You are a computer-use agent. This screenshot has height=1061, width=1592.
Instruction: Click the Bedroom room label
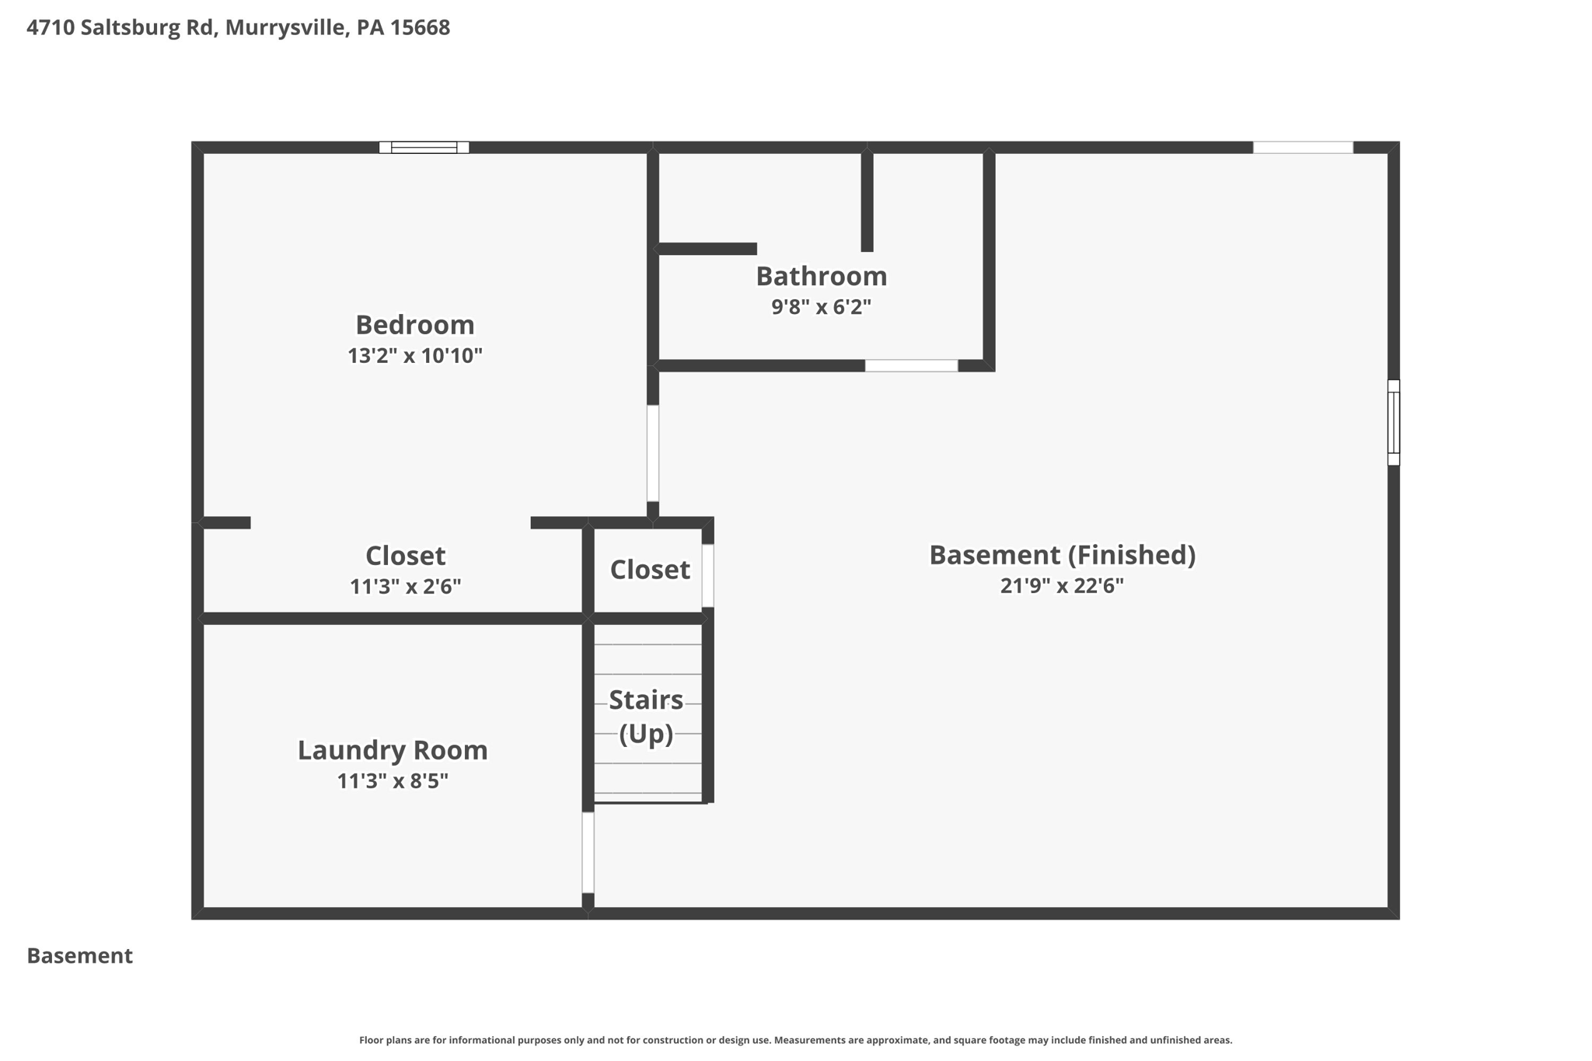pyautogui.click(x=414, y=325)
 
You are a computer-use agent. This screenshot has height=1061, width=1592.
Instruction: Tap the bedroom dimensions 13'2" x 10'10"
pyautogui.click(x=414, y=356)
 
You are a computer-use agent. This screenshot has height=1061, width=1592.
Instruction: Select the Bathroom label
pyautogui.click(x=821, y=277)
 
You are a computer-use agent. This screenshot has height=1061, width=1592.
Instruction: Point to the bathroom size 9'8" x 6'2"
pyautogui.click(x=821, y=307)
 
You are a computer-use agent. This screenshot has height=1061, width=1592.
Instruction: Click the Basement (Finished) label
pyautogui.click(x=1062, y=555)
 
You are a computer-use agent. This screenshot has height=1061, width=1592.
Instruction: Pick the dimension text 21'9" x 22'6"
pyautogui.click(x=1062, y=586)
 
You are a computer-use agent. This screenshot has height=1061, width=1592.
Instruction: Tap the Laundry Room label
pyautogui.click(x=393, y=750)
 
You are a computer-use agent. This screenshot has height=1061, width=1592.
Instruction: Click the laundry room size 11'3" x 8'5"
pyautogui.click(x=393, y=781)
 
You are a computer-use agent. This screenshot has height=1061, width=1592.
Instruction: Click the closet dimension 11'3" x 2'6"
pyautogui.click(x=405, y=587)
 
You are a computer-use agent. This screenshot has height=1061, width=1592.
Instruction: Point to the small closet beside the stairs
pyautogui.click(x=649, y=571)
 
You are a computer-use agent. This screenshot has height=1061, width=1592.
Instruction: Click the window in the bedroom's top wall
pyautogui.click(x=424, y=148)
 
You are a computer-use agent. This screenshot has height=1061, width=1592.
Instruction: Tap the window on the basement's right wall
pyautogui.click(x=1393, y=423)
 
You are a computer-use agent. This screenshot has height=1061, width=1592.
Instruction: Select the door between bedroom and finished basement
pyautogui.click(x=653, y=453)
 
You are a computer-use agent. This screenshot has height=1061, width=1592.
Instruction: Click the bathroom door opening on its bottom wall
pyautogui.click(x=911, y=366)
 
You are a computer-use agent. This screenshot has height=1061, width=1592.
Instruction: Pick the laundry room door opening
pyautogui.click(x=588, y=853)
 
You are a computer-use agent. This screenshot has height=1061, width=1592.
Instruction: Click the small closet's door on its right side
pyautogui.click(x=707, y=575)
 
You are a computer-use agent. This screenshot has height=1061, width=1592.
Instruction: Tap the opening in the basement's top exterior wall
pyautogui.click(x=1303, y=148)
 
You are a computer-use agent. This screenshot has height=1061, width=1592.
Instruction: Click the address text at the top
pyautogui.click(x=238, y=28)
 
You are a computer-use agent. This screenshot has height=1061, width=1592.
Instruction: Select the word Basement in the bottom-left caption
pyautogui.click(x=80, y=956)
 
